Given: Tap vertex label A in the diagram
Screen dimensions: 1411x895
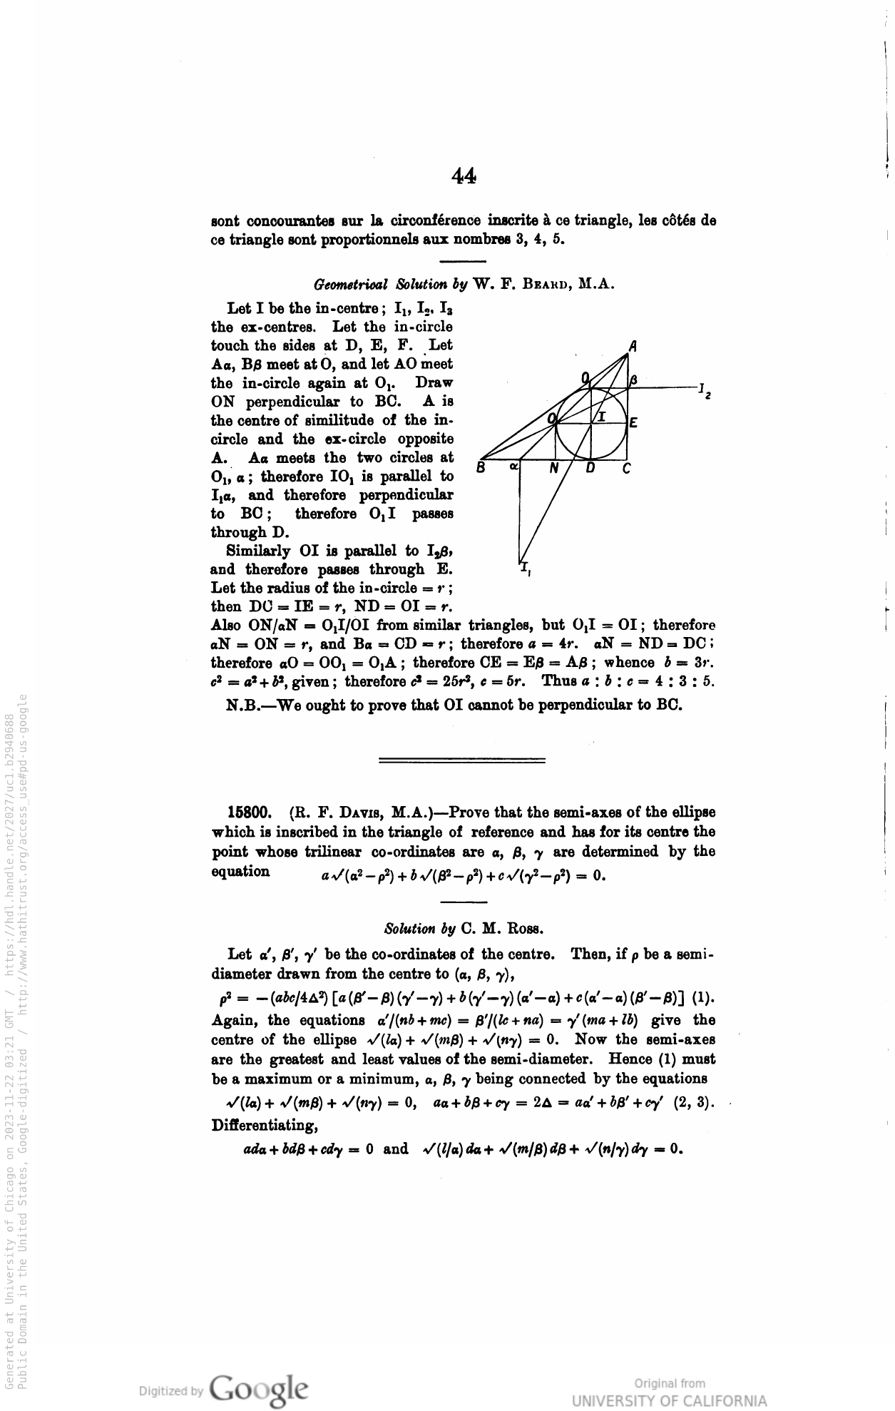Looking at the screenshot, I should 633,347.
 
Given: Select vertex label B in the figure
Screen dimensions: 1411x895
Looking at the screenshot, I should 481,468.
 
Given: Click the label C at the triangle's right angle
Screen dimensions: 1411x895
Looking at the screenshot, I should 626,469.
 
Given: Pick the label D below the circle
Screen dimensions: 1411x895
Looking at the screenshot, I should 590,469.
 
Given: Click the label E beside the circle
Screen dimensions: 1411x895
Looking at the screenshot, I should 633,422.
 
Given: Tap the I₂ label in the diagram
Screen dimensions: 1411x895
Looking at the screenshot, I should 703,390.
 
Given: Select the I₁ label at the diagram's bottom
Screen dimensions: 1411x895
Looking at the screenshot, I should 525,569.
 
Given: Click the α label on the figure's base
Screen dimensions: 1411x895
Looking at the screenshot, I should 513,467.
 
